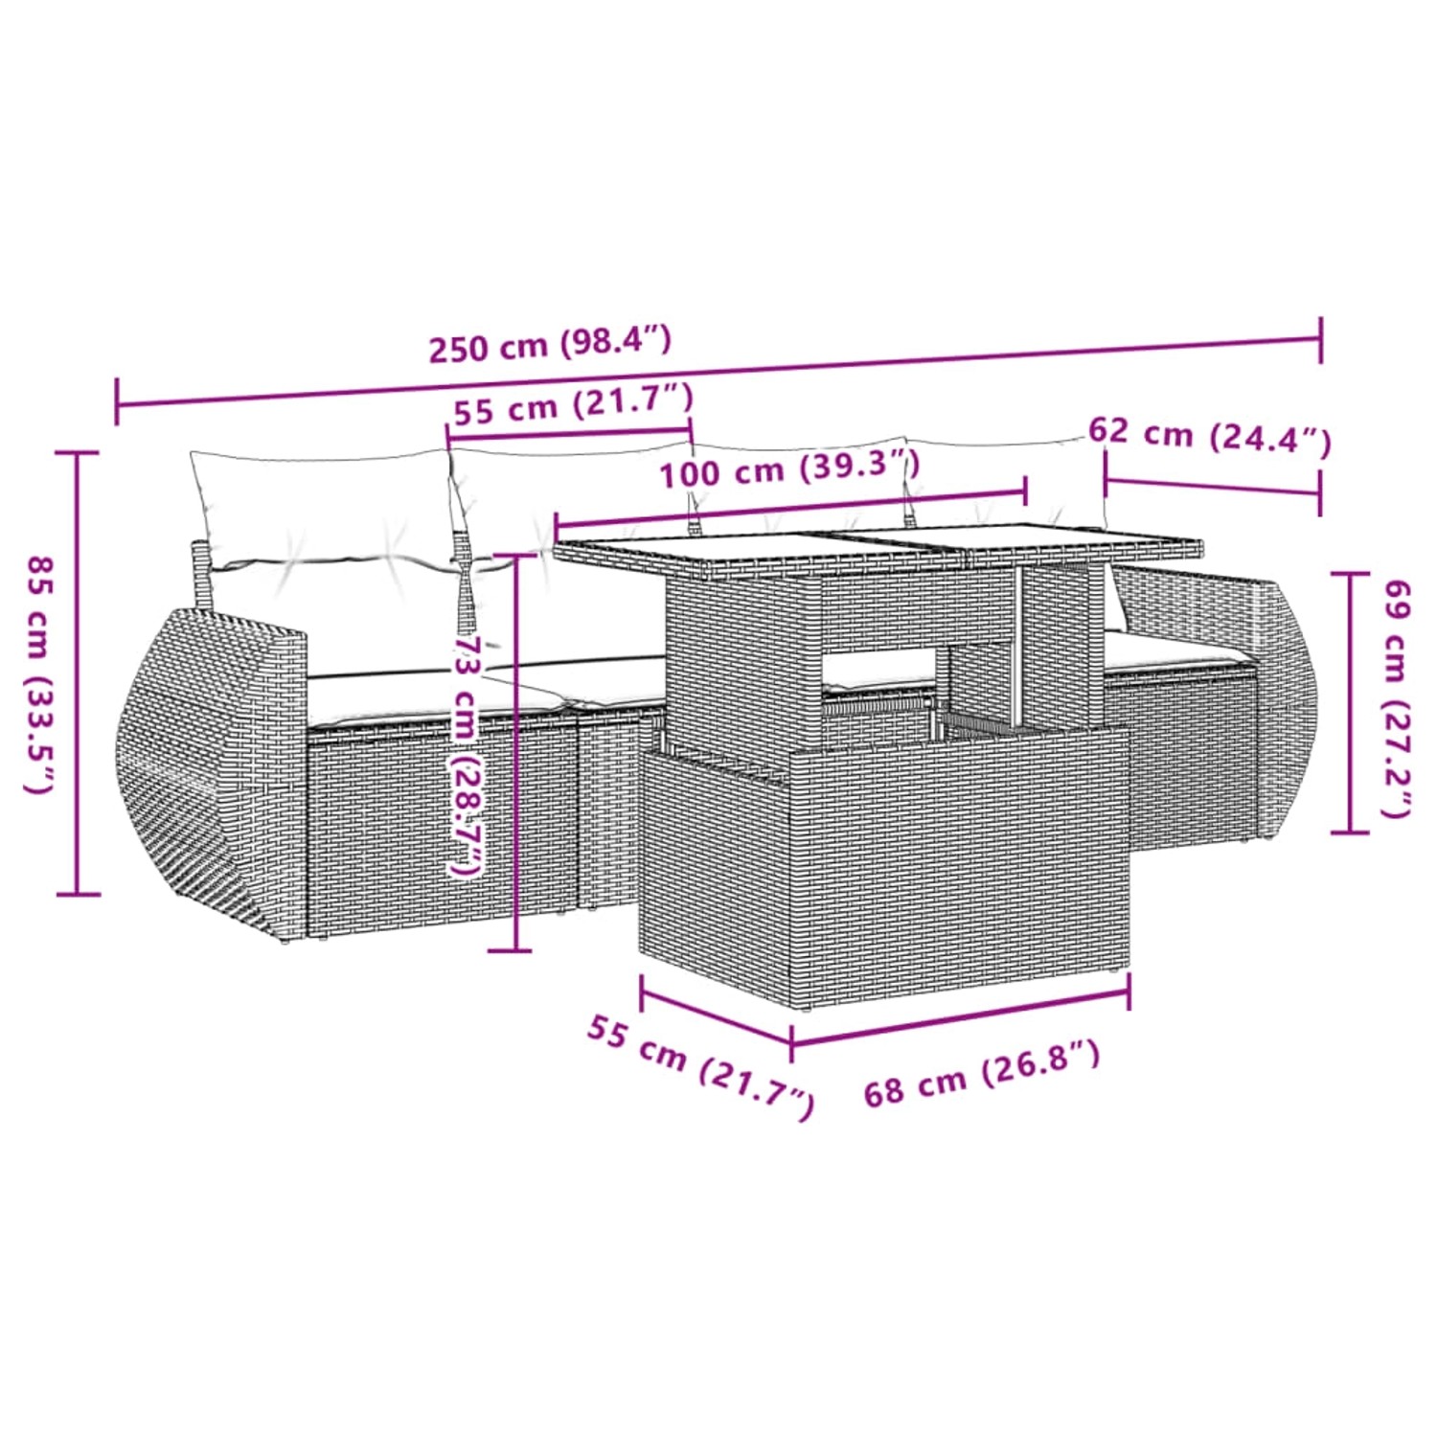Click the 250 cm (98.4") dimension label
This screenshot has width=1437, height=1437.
tap(550, 345)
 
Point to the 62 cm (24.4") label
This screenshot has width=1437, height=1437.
tap(1209, 436)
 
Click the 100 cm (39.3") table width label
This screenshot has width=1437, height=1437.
tap(789, 468)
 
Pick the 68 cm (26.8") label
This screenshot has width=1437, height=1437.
tap(981, 1073)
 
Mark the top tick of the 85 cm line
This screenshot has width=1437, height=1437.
tap(77, 453)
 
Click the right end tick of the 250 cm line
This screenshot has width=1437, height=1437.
tap(1321, 338)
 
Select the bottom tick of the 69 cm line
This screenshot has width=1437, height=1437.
tap(1350, 832)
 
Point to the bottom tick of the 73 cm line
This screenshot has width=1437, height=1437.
tap(510, 950)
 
